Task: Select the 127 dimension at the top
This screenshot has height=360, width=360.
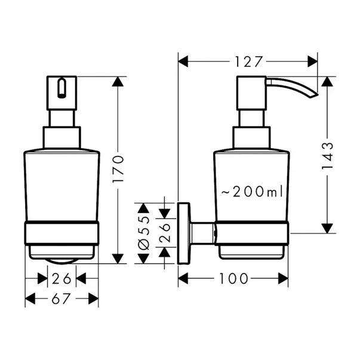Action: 248,61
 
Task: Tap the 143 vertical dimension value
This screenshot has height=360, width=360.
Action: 325,156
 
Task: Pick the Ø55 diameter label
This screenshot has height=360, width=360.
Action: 143,233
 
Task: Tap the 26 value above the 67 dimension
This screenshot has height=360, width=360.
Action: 61,278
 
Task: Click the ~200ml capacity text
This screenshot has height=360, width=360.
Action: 251,192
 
